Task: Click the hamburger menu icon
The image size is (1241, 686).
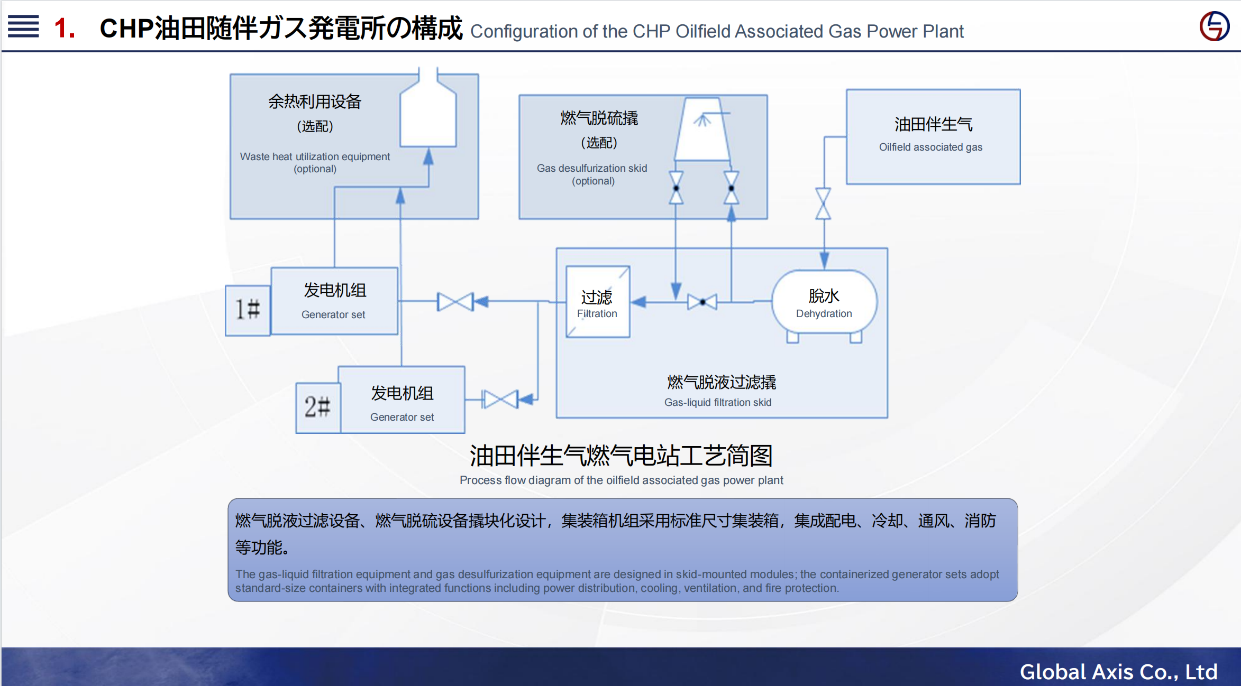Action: pos(23,26)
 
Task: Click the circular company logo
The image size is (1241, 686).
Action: pos(1214,26)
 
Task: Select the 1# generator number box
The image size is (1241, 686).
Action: pos(248,310)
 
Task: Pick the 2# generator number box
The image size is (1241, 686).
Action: pos(317,407)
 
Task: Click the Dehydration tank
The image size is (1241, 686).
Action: pos(824,303)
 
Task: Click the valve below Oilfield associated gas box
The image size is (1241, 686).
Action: pos(823,203)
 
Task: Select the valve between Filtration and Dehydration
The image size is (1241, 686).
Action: pos(702,302)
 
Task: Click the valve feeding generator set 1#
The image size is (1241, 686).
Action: pos(455,302)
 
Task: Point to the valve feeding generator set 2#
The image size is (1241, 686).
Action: pos(500,400)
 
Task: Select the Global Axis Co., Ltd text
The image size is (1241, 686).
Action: pos(1118,672)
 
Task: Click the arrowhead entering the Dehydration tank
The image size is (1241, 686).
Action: pos(824,260)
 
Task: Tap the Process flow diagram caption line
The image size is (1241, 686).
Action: pos(621,480)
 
